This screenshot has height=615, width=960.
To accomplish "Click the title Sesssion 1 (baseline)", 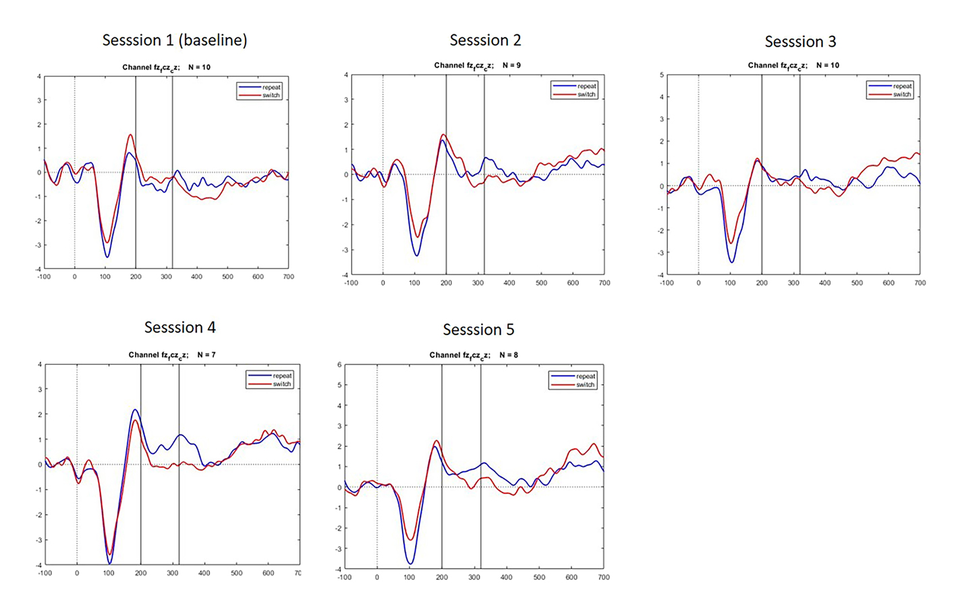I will click(175, 40).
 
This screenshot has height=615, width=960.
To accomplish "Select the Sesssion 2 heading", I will click(485, 40).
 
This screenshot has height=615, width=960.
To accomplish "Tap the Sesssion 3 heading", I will click(800, 42).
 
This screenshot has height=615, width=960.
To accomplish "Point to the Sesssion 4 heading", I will click(179, 328).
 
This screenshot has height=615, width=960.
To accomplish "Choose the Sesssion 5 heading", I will click(478, 330).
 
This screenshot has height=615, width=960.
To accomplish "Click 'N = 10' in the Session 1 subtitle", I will click(199, 67).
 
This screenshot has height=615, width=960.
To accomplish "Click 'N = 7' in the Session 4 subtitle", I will click(206, 355).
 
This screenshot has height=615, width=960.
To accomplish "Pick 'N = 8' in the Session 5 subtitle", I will click(509, 355).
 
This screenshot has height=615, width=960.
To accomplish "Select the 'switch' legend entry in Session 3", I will click(902, 94).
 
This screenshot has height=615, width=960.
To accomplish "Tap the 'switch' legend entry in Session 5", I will click(585, 385).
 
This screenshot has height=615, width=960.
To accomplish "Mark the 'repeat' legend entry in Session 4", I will click(282, 376).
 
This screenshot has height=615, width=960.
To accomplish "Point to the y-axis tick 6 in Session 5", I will click(339, 365).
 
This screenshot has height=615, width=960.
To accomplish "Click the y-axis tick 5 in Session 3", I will click(661, 75).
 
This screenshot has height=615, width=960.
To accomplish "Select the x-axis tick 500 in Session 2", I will click(541, 283).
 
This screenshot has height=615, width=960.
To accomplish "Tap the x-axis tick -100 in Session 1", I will click(44, 276).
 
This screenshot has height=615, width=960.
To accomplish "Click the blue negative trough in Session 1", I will click(107, 257).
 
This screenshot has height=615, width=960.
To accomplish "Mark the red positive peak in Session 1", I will click(130, 135).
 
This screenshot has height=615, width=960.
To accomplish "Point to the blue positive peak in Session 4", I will click(135, 409).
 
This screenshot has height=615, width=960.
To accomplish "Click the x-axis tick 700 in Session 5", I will click(603, 577).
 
